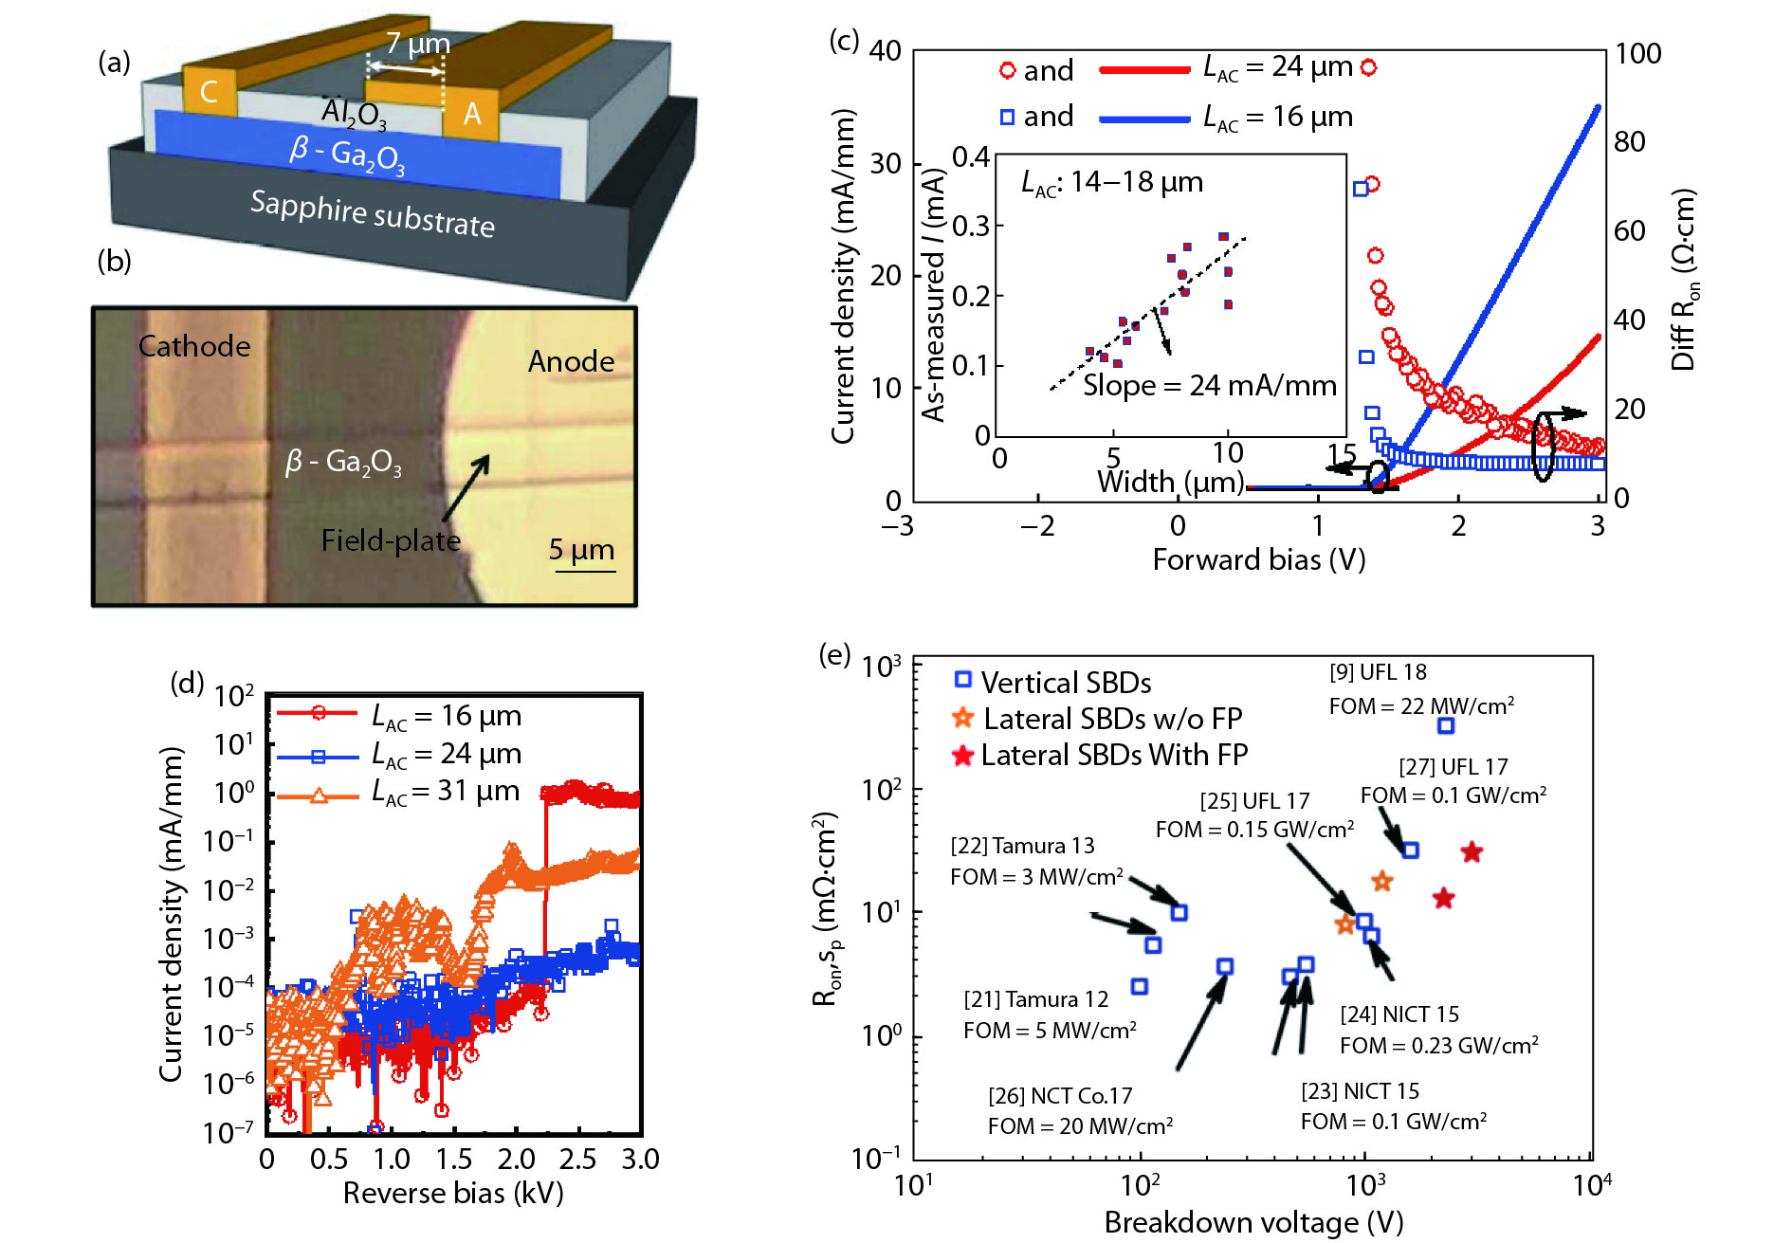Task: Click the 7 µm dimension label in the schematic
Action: [417, 44]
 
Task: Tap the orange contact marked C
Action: [209, 92]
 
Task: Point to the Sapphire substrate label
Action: [372, 213]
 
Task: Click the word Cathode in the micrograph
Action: [194, 346]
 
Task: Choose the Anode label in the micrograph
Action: [571, 361]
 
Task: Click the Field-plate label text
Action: [391, 540]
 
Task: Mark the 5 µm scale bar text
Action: [581, 550]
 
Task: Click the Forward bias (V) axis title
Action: [1258, 559]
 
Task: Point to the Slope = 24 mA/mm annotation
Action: [1209, 386]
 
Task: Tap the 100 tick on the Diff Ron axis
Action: [1637, 54]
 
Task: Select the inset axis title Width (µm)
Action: [1170, 483]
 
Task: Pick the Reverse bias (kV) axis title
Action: [453, 1193]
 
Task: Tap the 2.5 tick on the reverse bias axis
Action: [577, 1159]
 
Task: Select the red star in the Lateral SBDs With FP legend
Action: [963, 756]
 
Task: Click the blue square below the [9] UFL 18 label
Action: [1445, 725]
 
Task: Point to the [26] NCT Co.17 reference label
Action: [1060, 1096]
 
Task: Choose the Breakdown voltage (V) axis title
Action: [1253, 1222]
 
